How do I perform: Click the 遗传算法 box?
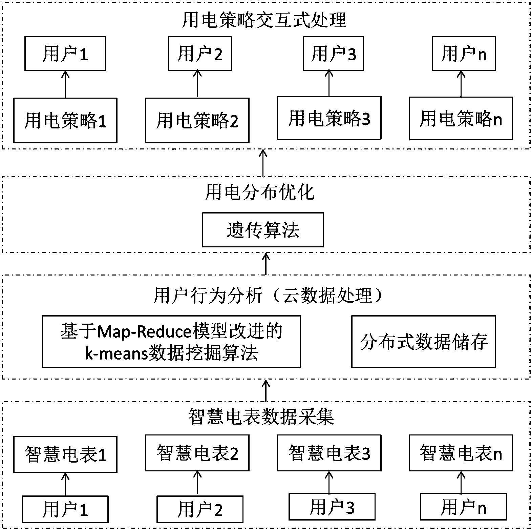coord(263,230)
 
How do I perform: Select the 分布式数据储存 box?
coord(424,342)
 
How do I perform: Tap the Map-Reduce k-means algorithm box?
coord(171,342)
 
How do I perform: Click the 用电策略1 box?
coord(65,121)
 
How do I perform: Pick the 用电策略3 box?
coord(329,118)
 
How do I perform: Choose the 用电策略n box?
coord(461,118)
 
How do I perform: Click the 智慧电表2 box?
coord(197,453)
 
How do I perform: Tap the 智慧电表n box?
coord(461,453)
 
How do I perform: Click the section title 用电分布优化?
coord(260,192)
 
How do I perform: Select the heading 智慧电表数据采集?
coord(261,416)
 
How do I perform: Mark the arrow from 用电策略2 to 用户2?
coord(197,84)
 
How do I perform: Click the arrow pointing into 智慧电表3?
coord(329,482)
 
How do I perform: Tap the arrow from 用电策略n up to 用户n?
coord(461,84)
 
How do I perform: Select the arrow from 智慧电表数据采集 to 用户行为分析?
coord(266,390)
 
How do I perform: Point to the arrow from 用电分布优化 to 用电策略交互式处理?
coord(263,163)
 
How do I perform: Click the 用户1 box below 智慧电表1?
coord(65,509)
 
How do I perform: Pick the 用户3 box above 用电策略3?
coord(333,54)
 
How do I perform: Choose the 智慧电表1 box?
coord(65,454)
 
